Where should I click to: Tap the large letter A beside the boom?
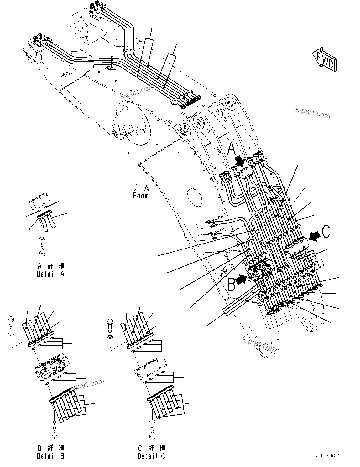pos(231,149)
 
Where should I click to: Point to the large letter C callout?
pos(326,232)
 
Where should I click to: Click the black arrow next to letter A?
pos(241,162)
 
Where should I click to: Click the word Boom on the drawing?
pos(140,196)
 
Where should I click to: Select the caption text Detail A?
pos(50,274)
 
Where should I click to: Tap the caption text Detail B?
pos(50,456)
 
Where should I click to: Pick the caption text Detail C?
pos(151,456)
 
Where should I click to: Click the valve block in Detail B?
pos(51,366)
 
